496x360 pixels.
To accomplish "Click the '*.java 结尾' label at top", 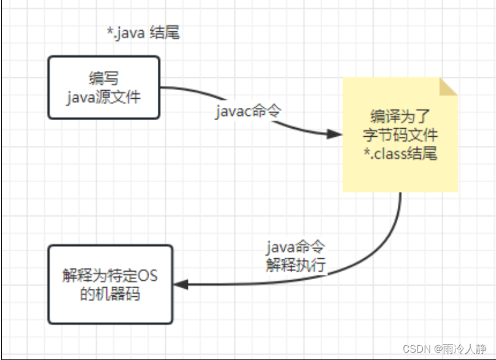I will [143, 33].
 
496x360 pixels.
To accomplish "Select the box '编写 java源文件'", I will [104, 87].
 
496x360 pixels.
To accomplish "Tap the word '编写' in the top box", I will [104, 79].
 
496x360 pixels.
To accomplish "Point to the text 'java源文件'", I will [104, 96].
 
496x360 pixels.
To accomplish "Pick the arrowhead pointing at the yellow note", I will [334, 134].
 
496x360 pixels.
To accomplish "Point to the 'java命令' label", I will [295, 248].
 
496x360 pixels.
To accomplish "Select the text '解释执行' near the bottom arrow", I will [295, 266].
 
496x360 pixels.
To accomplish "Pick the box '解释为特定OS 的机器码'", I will [110, 284].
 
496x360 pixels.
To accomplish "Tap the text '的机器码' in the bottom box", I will [110, 294].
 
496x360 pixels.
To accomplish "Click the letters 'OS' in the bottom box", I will [146, 275].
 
